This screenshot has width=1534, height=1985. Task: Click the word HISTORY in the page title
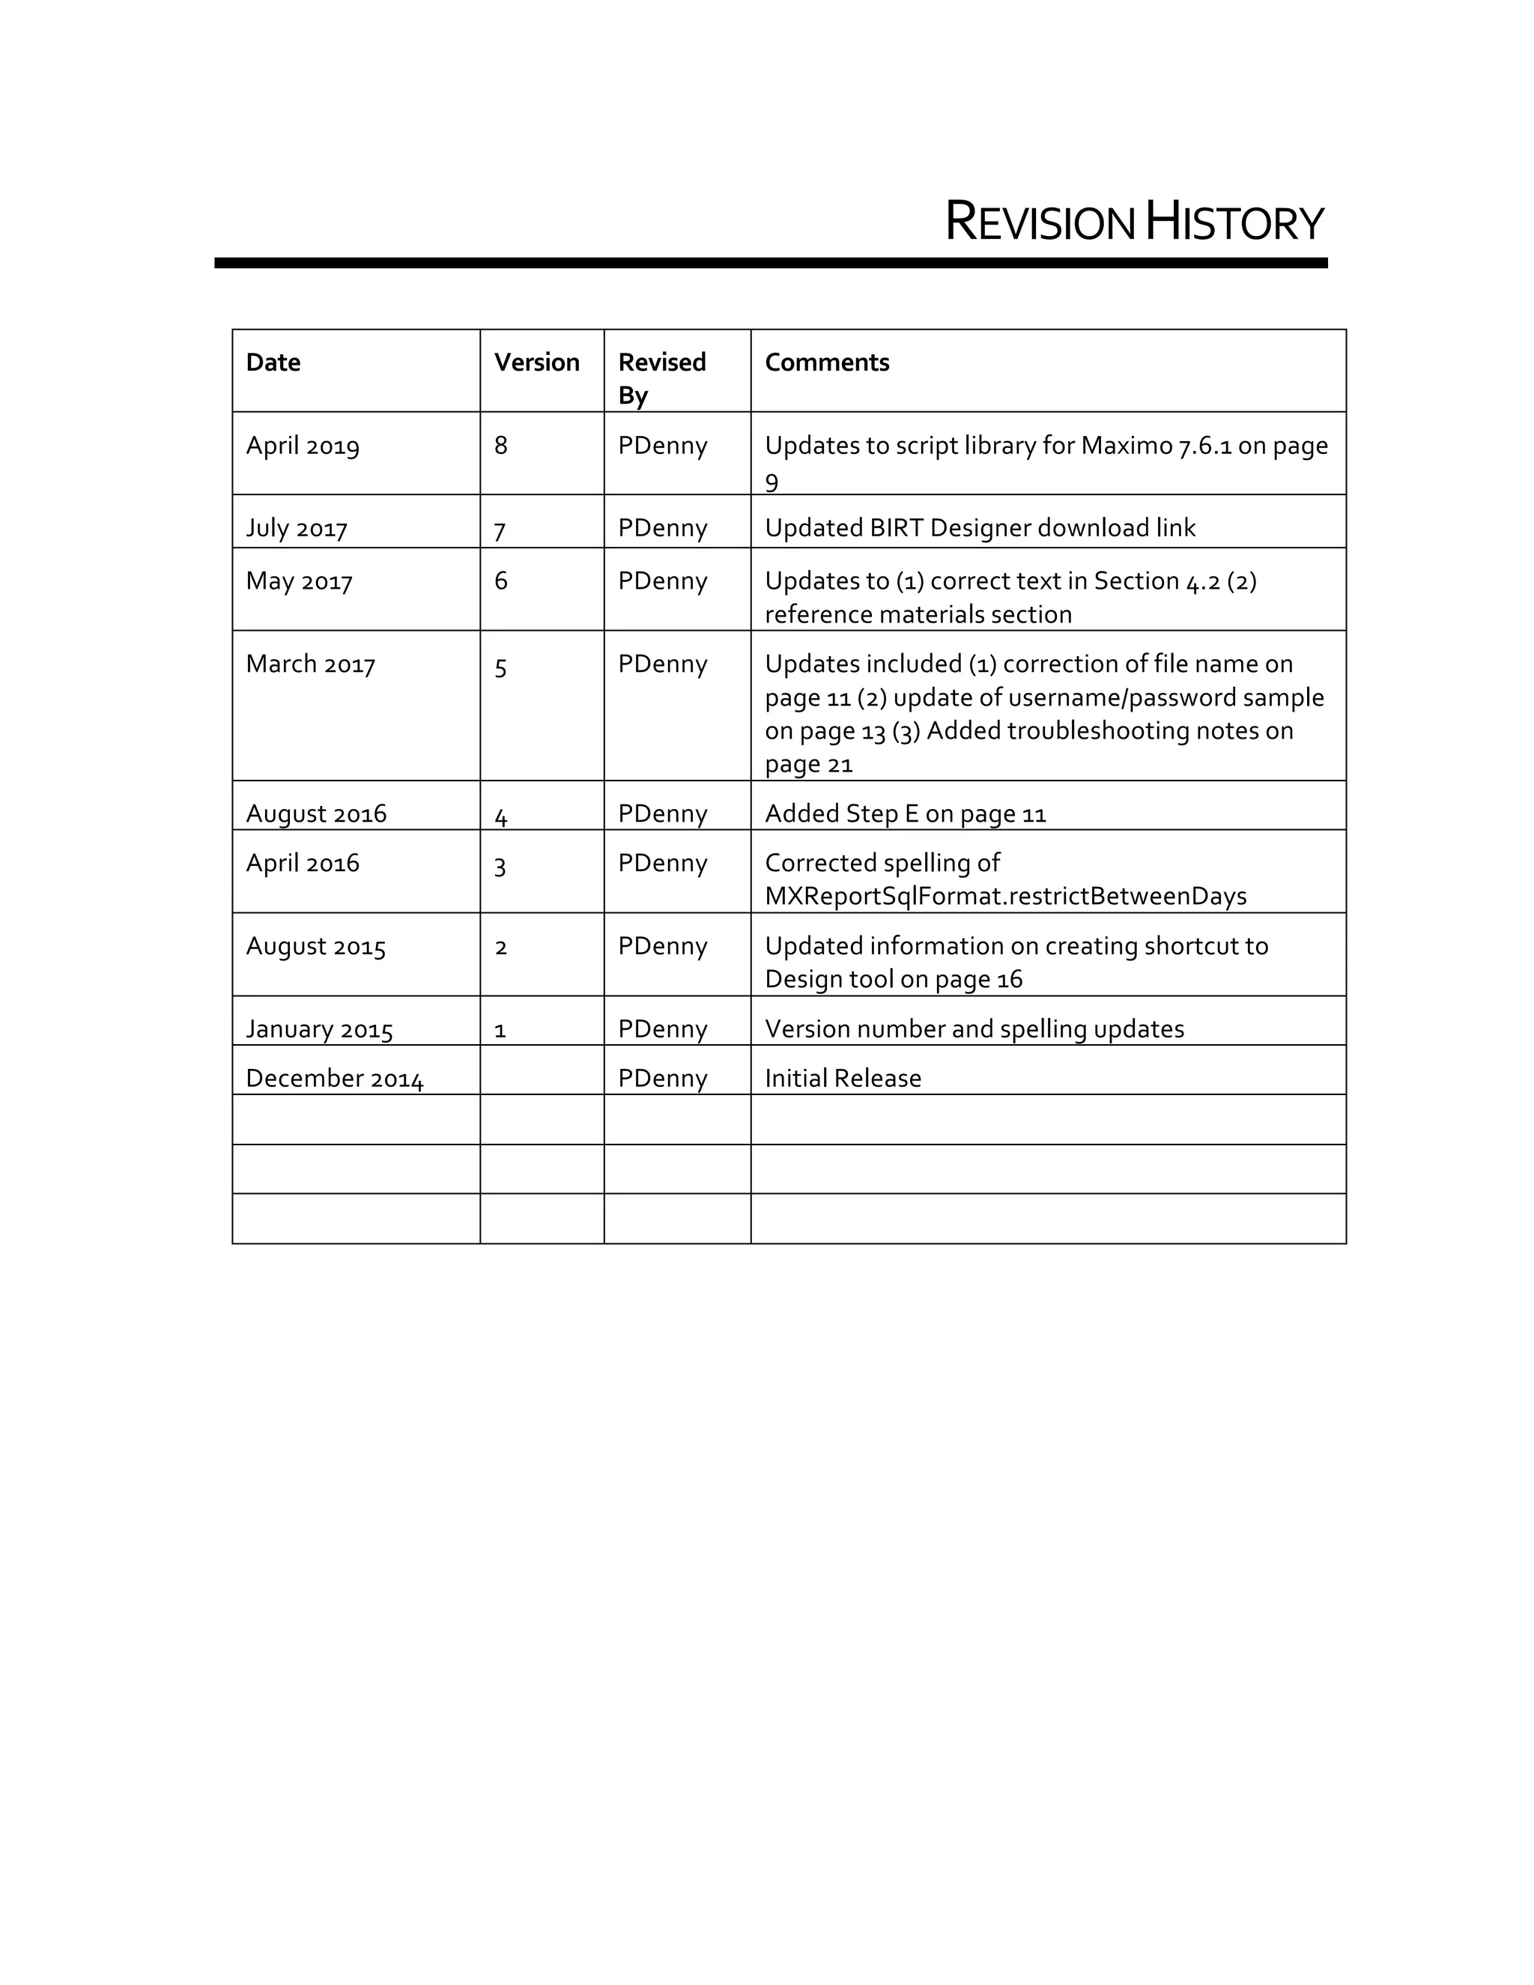click(1234, 222)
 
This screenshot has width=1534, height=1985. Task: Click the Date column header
click(273, 363)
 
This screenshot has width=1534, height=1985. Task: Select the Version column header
click(536, 363)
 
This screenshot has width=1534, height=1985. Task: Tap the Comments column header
click(826, 363)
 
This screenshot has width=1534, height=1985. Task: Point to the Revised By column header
click(661, 378)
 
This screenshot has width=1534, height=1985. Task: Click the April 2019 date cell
click(303, 446)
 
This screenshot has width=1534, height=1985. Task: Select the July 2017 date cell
click(297, 528)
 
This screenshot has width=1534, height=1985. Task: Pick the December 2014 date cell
click(334, 1078)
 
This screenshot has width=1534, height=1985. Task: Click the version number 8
click(501, 446)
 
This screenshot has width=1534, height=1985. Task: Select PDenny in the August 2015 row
click(662, 946)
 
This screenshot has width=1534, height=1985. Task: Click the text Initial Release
click(843, 1078)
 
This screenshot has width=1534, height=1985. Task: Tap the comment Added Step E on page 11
click(905, 813)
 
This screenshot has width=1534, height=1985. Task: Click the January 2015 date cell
click(319, 1029)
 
